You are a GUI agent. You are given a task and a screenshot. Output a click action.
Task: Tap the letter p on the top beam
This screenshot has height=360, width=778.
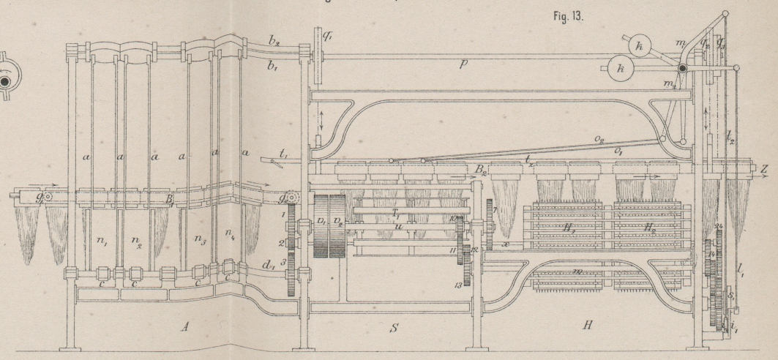tap(462, 64)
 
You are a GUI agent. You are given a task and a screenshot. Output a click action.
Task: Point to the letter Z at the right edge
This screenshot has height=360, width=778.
tap(764, 168)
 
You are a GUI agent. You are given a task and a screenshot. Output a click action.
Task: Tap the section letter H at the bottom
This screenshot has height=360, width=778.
tap(586, 324)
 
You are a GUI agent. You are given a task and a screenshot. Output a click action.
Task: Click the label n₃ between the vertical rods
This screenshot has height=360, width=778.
tap(195, 239)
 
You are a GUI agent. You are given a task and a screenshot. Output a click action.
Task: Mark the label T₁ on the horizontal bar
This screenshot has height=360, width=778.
tap(395, 213)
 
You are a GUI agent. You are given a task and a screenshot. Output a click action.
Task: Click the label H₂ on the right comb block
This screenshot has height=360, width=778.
tap(650, 229)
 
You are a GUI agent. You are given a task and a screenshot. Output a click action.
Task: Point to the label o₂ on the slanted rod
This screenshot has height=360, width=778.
tap(599, 140)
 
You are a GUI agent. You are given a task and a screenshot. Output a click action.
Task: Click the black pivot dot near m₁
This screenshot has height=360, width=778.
tap(681, 70)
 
